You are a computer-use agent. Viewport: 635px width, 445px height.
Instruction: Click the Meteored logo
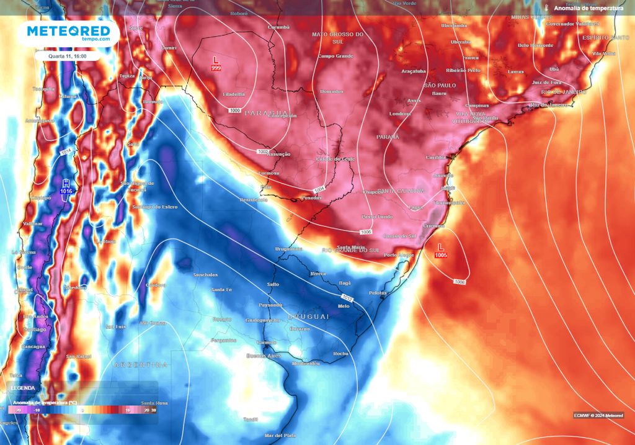68,34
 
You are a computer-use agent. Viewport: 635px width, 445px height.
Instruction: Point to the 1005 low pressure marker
441,251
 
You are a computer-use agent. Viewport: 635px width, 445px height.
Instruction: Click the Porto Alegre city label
399,255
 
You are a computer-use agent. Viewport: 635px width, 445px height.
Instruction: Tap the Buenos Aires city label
264,356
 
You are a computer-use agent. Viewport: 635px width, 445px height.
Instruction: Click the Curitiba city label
436,158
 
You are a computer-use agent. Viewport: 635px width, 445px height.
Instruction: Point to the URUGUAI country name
308,316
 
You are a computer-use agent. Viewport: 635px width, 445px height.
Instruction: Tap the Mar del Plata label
277,435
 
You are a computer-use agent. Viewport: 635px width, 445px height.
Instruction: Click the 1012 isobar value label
347,299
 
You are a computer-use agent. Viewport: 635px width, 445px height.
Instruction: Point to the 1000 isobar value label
234,110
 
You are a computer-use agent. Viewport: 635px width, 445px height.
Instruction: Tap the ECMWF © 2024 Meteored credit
598,415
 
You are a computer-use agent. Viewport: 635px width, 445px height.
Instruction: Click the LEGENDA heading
24,388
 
